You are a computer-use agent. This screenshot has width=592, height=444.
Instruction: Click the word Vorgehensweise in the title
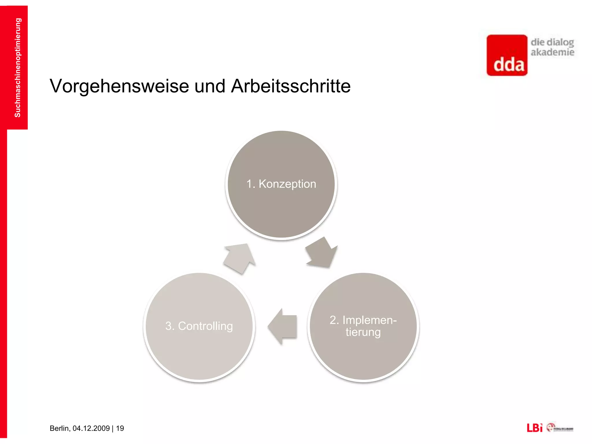coord(119,86)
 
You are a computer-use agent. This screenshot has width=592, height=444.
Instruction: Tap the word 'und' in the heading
coord(210,86)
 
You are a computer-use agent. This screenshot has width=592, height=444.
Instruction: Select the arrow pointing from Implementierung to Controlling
coord(282,326)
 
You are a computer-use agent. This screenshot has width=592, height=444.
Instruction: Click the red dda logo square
coord(507,55)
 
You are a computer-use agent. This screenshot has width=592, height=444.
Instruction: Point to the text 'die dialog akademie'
coord(552,47)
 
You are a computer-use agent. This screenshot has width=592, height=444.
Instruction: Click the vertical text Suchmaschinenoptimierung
coord(18,68)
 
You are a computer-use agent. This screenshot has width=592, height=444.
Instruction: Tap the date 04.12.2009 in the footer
coord(91,428)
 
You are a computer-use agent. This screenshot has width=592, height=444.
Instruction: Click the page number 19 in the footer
coord(120,428)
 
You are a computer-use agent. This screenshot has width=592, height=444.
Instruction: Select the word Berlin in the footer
coord(60,428)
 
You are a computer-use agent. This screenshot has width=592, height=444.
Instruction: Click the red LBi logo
coord(534,428)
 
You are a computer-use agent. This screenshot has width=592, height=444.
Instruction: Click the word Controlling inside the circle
coord(205,326)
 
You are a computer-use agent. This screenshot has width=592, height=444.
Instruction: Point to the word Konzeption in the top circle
coord(287,184)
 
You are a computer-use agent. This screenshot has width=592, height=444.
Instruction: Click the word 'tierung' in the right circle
coord(363,332)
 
